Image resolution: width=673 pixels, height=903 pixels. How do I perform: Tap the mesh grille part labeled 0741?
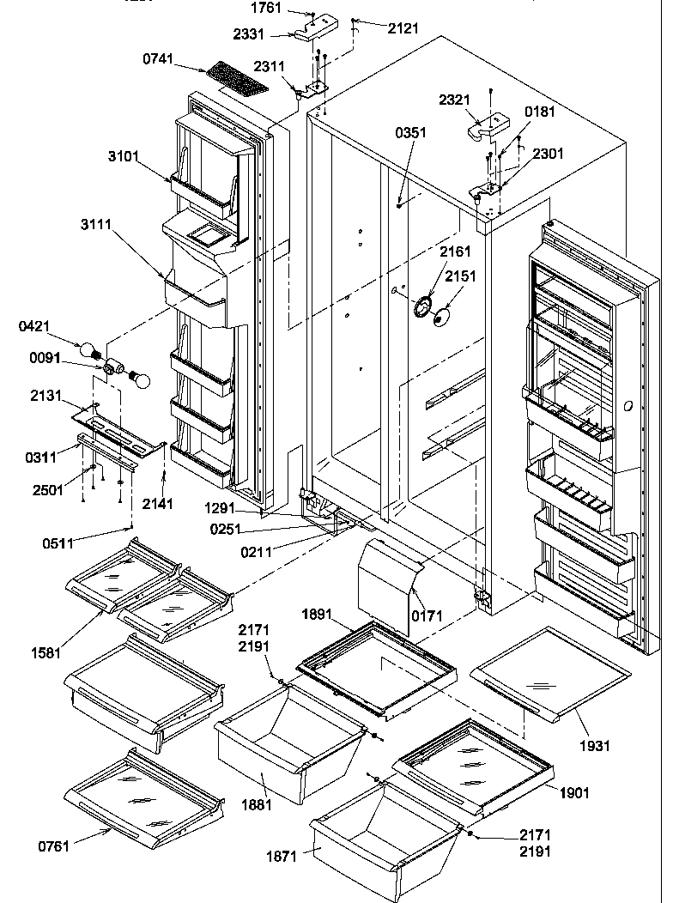click(233, 77)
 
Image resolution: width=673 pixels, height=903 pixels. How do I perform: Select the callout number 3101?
click(124, 156)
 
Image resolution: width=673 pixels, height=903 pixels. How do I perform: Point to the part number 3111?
click(124, 223)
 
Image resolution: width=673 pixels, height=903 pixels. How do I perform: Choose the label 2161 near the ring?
click(455, 252)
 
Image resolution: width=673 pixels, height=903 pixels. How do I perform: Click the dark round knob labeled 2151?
click(441, 318)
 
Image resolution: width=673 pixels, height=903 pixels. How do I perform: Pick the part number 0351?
click(410, 133)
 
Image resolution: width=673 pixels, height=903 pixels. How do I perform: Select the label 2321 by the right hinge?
click(455, 100)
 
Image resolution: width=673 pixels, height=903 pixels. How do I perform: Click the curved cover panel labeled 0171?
click(386, 584)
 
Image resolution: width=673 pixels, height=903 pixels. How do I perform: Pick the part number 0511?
click(58, 542)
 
